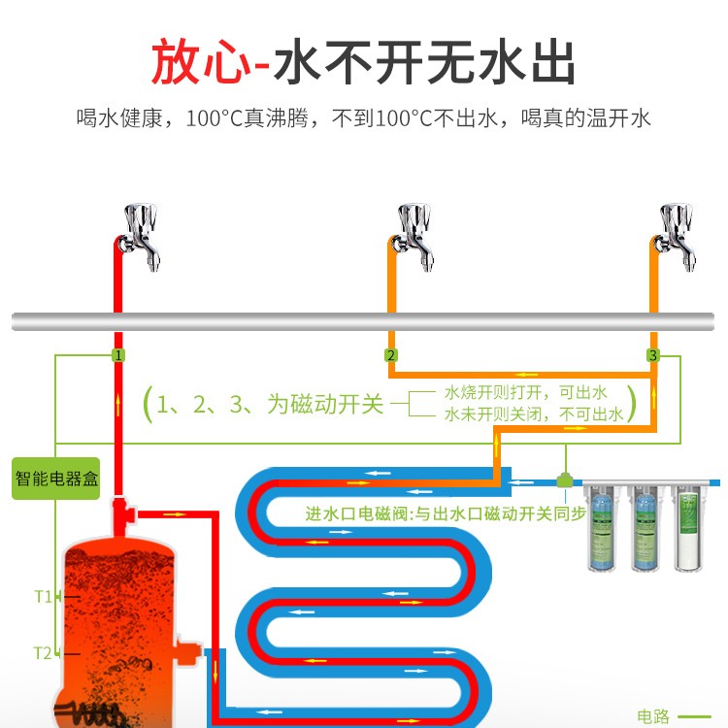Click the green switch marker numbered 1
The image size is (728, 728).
pyautogui.click(x=117, y=355)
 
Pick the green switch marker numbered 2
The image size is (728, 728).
pyautogui.click(x=390, y=355)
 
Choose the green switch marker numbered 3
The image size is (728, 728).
pyautogui.click(x=652, y=355)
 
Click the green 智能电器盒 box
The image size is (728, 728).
pyautogui.click(x=56, y=478)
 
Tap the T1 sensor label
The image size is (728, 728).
pyautogui.click(x=42, y=596)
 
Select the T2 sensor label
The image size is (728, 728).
pyautogui.click(x=42, y=652)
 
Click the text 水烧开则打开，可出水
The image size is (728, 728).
pyautogui.click(x=525, y=392)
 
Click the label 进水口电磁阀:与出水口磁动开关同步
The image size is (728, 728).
pyautogui.click(x=446, y=513)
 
